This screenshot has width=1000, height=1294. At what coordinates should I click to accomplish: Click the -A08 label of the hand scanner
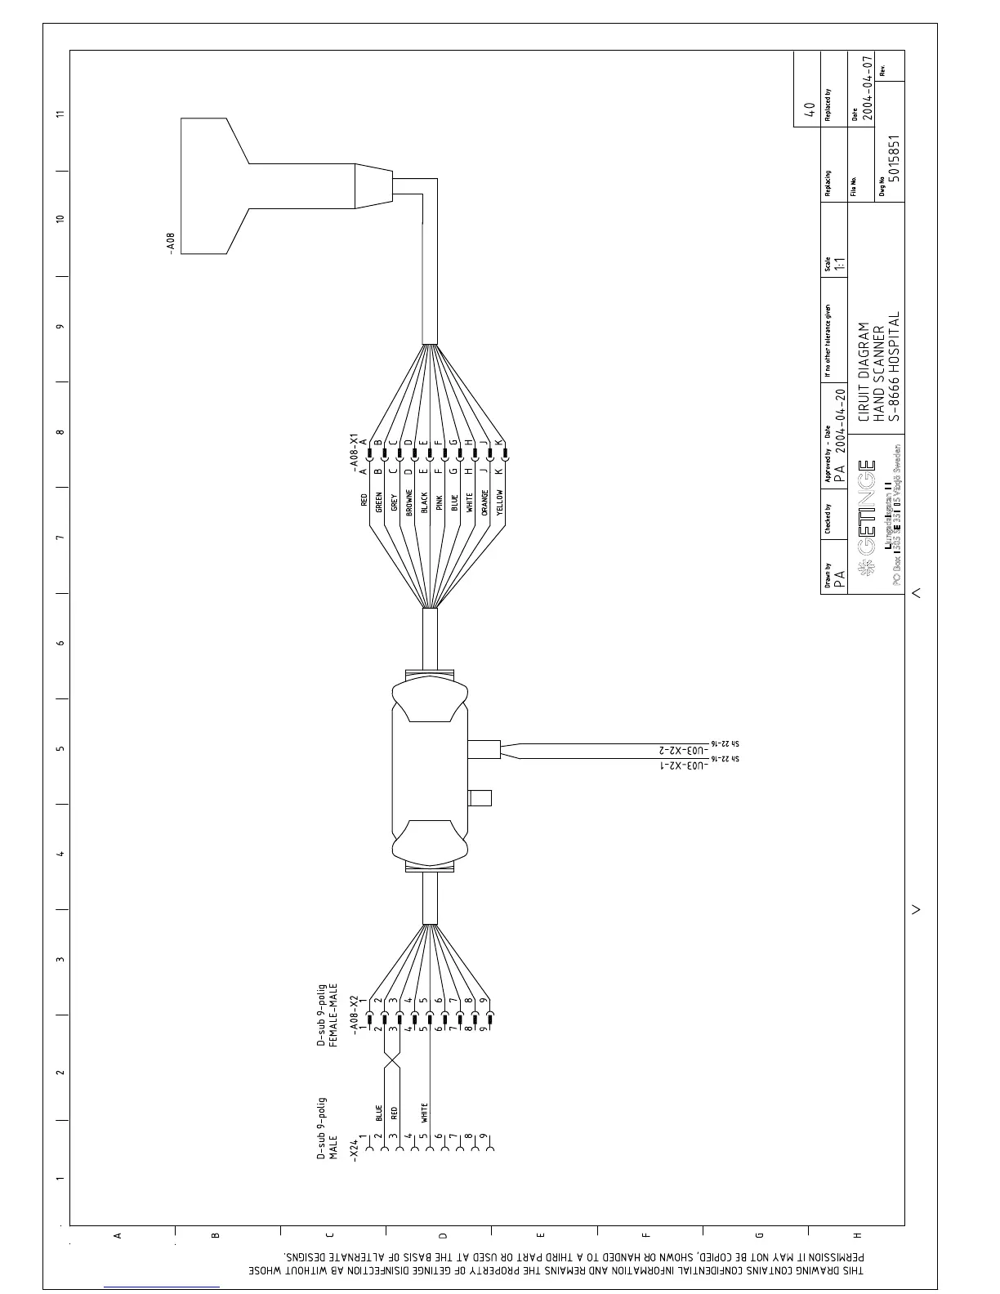coord(171,243)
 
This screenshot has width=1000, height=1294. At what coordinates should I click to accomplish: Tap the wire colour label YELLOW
coord(500,502)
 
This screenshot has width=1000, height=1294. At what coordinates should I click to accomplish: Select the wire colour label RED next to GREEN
coord(364,500)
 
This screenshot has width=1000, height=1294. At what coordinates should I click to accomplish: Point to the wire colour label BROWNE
coord(409,502)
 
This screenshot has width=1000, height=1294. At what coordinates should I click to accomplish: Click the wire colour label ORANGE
coord(484,502)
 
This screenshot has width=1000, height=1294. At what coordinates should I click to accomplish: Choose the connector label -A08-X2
coord(355,1015)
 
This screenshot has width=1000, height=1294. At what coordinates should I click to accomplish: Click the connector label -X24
coord(355,1148)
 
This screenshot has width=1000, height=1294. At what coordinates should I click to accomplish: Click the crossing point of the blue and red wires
coord(392,1060)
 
